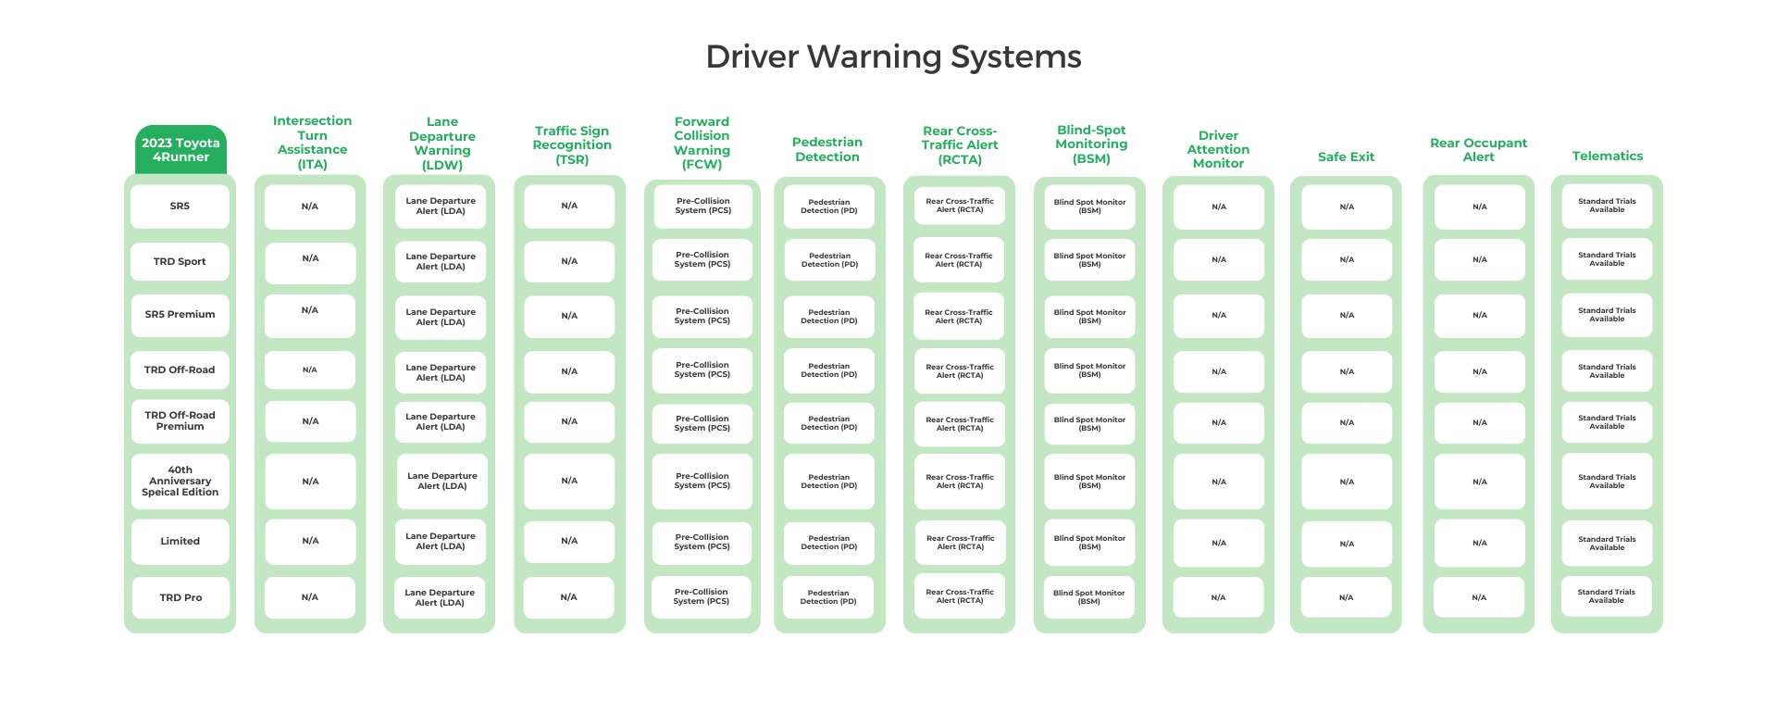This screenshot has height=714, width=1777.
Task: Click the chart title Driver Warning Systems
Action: [x=893, y=57]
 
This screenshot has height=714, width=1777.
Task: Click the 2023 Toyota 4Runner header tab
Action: [x=180, y=150]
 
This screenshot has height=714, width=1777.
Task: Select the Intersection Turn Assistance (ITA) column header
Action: [x=312, y=143]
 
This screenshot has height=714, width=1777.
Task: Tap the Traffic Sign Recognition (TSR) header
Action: [x=572, y=145]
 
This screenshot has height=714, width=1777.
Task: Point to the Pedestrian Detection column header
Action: [x=827, y=149]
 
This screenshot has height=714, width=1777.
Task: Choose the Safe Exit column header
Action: [x=1346, y=157]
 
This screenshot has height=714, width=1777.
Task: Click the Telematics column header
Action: [x=1607, y=157]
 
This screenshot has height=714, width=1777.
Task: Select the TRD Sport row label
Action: [x=180, y=262]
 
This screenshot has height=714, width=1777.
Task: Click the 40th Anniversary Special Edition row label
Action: [x=180, y=482]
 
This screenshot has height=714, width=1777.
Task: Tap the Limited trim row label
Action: [x=180, y=542]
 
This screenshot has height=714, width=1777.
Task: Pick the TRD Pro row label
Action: [x=180, y=598]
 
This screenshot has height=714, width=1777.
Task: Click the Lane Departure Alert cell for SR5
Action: [x=441, y=207]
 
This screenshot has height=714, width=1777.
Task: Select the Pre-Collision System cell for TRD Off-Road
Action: [x=702, y=370]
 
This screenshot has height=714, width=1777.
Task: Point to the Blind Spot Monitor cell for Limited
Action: [x=1089, y=543]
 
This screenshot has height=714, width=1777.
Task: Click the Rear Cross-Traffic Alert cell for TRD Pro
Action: [x=959, y=596]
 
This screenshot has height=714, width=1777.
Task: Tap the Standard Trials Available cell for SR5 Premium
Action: [x=1607, y=315]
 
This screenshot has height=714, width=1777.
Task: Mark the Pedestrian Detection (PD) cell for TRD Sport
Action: [x=829, y=260]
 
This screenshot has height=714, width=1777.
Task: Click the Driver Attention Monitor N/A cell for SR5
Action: [x=1219, y=207]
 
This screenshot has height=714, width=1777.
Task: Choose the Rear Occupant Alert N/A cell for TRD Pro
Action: [x=1479, y=598]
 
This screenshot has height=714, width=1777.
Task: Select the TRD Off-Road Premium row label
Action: [x=180, y=421]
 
